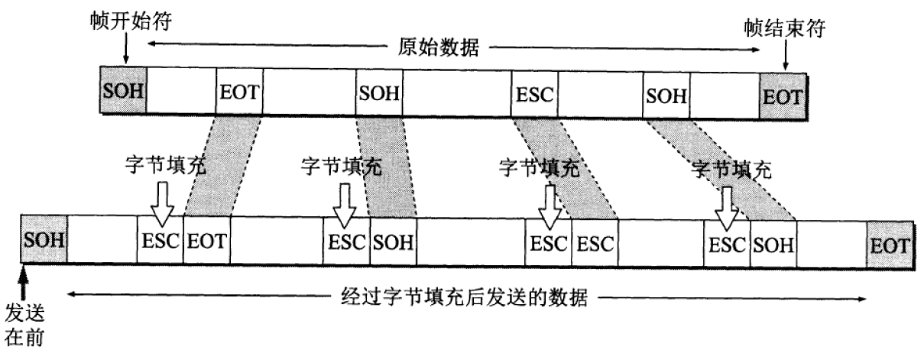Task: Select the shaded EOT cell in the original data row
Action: point(783,96)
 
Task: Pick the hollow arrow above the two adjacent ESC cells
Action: point(547,204)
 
